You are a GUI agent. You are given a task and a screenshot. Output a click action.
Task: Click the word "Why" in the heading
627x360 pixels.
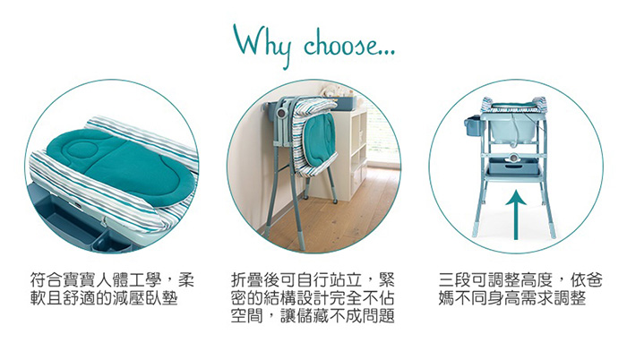(262, 45)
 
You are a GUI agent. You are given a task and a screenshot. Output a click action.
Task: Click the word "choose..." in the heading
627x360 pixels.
(349, 45)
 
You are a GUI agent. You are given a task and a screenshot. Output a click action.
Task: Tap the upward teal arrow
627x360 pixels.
(516, 215)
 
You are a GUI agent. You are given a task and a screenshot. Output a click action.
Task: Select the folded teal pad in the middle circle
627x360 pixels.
(319, 135)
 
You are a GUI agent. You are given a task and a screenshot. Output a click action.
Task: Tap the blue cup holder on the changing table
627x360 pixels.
(474, 128)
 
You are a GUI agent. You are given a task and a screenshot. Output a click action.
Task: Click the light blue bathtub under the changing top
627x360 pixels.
(512, 128)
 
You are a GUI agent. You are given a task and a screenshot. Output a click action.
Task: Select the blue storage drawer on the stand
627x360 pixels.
(513, 165)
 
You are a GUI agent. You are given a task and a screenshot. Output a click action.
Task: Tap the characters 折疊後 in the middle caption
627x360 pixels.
(256, 280)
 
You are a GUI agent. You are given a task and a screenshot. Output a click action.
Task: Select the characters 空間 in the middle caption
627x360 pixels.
(247, 316)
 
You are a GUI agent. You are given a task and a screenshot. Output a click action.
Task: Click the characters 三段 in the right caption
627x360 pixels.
(455, 280)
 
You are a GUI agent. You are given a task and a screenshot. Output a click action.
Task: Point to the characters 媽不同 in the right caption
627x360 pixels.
(463, 298)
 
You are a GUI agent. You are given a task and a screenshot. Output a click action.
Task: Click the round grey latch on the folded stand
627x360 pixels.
(283, 113)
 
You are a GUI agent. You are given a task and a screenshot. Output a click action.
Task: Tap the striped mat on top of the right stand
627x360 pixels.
(513, 104)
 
